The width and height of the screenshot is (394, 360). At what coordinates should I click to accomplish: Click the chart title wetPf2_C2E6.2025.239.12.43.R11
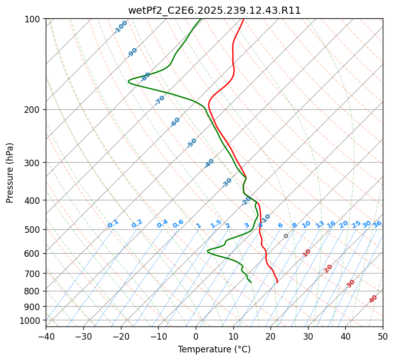pyautogui.click(x=214, y=10)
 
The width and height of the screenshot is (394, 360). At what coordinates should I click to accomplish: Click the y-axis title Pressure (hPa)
pyautogui.click(x=10, y=172)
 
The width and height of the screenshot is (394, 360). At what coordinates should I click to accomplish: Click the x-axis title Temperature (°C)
pyautogui.click(x=214, y=349)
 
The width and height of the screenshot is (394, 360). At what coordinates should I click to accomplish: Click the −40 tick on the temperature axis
pyautogui.click(x=46, y=336)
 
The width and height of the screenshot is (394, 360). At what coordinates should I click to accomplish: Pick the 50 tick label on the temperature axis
pyautogui.click(x=383, y=336)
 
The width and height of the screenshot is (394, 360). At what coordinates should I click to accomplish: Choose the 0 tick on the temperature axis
pyautogui.click(x=196, y=336)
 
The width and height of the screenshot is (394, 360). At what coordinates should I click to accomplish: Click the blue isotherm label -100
pyautogui.click(x=120, y=26)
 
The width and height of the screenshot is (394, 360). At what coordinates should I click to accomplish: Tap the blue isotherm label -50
pyautogui.click(x=192, y=143)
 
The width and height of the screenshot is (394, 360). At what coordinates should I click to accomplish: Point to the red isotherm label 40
pyautogui.click(x=373, y=299)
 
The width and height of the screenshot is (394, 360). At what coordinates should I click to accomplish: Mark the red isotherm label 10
pyautogui.click(x=307, y=253)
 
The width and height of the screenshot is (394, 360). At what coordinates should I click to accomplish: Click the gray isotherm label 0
pyautogui.click(x=286, y=236)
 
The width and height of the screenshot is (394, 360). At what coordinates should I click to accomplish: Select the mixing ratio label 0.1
pyautogui.click(x=113, y=223)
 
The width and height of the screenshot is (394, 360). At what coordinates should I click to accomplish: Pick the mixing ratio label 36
pyautogui.click(x=377, y=224)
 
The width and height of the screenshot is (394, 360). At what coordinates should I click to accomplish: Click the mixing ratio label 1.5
pyautogui.click(x=216, y=223)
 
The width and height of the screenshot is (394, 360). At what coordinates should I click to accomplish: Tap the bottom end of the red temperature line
pyautogui.click(x=277, y=282)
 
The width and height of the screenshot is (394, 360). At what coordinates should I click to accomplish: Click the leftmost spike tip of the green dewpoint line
pyautogui.click(x=129, y=81)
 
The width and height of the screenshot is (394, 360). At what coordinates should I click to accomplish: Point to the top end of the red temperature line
pyautogui.click(x=244, y=19)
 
